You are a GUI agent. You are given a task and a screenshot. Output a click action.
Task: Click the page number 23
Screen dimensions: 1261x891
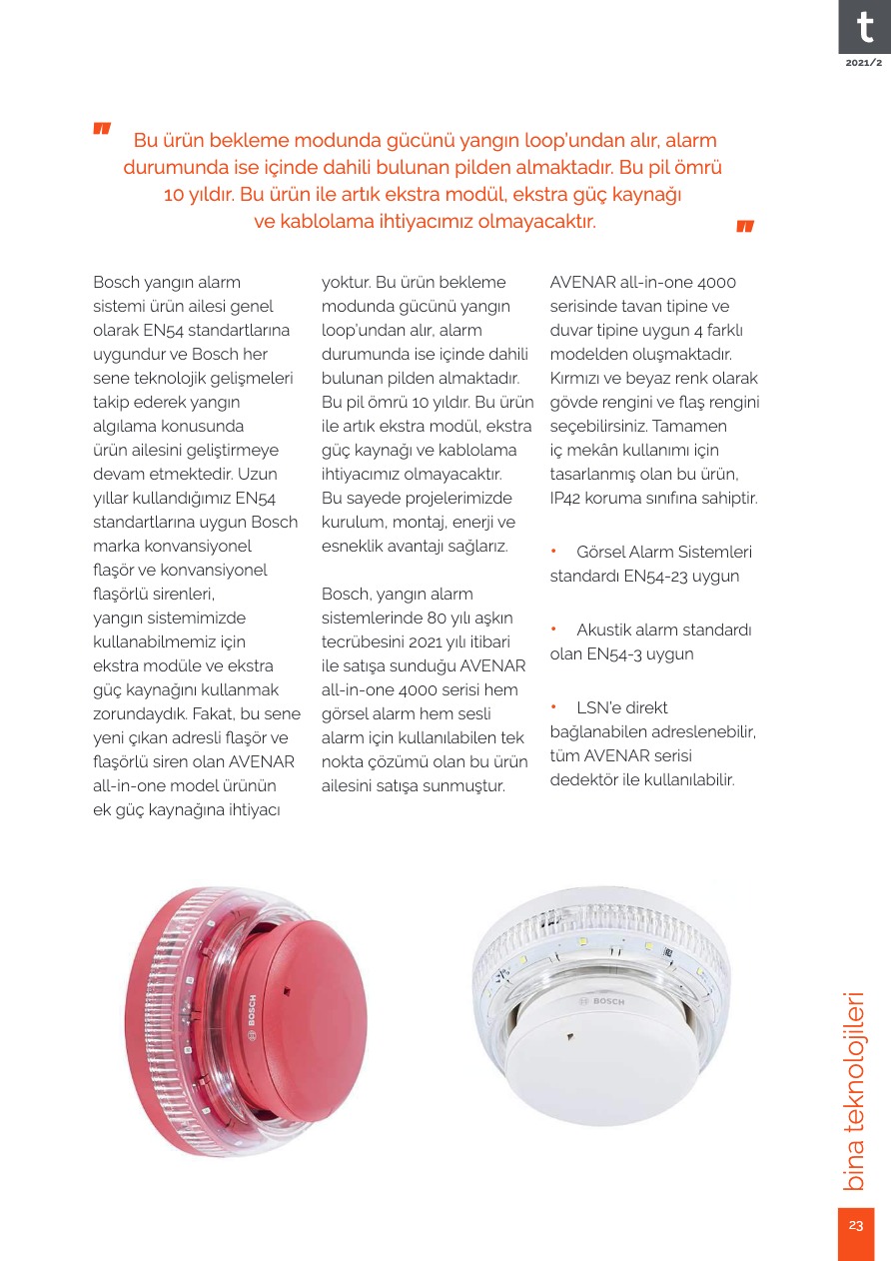pyautogui.click(x=856, y=1226)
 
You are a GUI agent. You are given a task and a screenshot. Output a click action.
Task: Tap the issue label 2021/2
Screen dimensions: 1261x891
pyautogui.click(x=864, y=63)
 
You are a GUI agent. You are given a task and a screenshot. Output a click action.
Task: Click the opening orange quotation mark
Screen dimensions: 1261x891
pyautogui.click(x=102, y=129)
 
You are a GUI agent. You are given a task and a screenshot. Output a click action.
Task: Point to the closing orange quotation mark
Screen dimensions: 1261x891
pyautogui.click(x=745, y=226)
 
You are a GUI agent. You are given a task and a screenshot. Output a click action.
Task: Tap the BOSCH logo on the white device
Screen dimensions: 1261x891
pyautogui.click(x=602, y=1000)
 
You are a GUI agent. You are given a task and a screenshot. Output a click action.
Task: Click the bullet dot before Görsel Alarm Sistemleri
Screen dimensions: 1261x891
pyautogui.click(x=554, y=553)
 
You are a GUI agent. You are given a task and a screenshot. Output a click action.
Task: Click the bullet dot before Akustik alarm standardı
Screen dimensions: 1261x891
pyautogui.click(x=554, y=630)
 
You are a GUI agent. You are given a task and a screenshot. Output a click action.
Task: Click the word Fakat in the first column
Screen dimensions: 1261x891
pyautogui.click(x=211, y=714)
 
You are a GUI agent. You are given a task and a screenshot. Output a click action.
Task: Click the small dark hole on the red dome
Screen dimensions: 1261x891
pyautogui.click(x=287, y=992)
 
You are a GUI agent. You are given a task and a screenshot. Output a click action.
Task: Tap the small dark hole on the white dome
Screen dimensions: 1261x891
pyautogui.click(x=569, y=1037)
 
